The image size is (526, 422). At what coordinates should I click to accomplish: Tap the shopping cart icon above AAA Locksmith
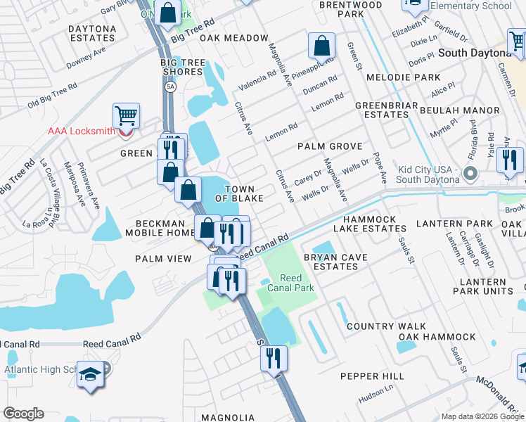(126, 115)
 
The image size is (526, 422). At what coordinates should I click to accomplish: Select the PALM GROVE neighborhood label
(329, 146)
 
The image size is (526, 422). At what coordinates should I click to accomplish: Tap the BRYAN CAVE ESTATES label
(335, 262)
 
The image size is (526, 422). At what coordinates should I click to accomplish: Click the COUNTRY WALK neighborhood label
(386, 326)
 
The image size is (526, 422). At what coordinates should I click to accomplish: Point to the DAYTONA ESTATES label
(92, 33)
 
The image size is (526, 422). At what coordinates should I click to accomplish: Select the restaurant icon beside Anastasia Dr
(510, 160)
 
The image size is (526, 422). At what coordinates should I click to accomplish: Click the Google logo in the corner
(23, 414)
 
